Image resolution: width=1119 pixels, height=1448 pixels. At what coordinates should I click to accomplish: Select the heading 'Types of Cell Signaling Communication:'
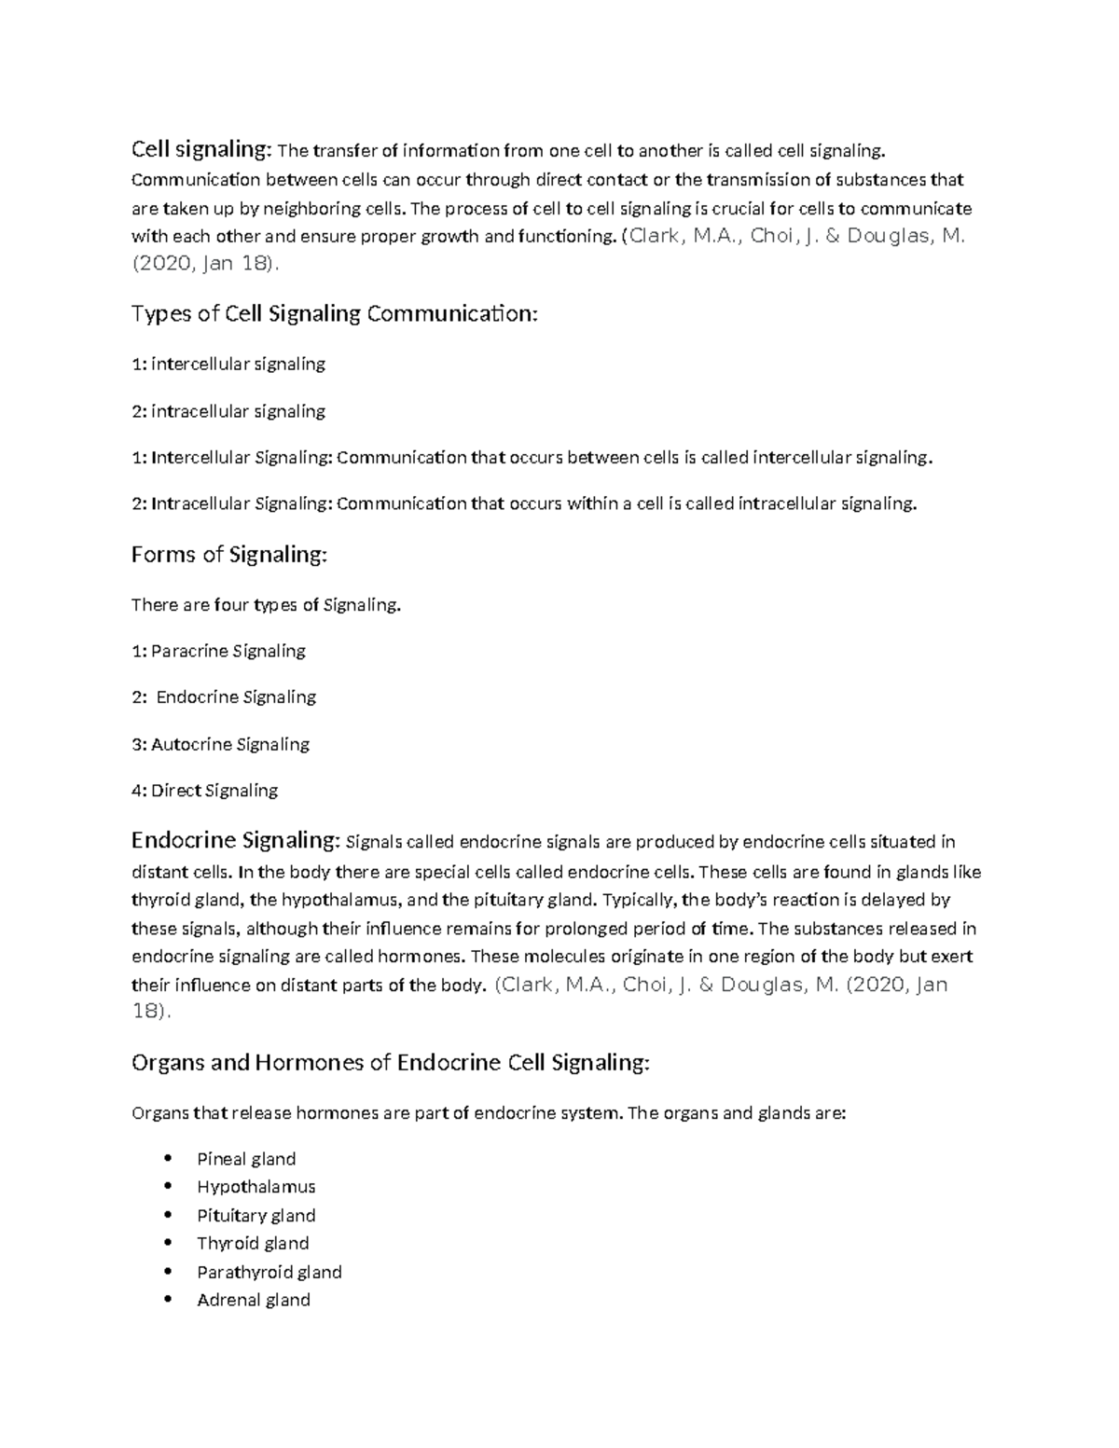pos(335,313)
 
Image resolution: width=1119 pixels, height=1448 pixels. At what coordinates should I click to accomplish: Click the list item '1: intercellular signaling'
pos(228,364)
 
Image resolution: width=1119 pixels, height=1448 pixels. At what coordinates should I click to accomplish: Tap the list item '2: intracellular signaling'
pos(228,411)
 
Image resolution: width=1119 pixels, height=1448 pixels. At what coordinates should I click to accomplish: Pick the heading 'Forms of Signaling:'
pos(229,555)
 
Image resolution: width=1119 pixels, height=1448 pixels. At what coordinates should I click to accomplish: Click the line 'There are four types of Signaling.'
pos(266,605)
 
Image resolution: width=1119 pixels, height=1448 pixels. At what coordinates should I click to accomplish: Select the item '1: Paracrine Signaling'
pos(218,651)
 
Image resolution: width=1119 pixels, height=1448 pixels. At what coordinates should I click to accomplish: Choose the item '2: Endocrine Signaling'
pos(224,697)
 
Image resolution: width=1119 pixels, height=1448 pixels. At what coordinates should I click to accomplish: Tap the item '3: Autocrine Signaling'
pos(220,744)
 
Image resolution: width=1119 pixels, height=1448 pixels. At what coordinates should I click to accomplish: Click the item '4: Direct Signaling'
pos(205,791)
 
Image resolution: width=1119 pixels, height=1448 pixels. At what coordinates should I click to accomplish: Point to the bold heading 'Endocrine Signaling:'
pos(236,841)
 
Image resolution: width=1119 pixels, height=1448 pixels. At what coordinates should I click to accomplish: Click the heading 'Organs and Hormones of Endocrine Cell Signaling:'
pos(390,1063)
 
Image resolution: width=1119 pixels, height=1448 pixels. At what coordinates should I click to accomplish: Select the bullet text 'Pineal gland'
pos(246,1159)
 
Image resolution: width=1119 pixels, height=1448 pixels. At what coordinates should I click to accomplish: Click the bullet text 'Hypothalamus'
pos(256,1187)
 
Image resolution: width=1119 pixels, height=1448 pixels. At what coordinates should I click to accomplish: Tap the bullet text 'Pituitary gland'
pos(256,1216)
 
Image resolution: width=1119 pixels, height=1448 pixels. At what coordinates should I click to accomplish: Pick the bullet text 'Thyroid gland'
pos(253,1244)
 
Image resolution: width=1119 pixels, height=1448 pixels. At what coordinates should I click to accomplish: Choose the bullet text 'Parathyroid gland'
pos(269,1272)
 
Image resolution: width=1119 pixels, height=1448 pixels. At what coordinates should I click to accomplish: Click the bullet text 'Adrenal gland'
pos(254,1300)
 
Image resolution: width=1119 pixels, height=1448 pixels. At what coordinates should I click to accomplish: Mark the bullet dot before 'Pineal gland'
pos(168,1159)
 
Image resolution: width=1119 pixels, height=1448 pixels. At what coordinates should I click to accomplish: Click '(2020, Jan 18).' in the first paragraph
pos(205,265)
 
